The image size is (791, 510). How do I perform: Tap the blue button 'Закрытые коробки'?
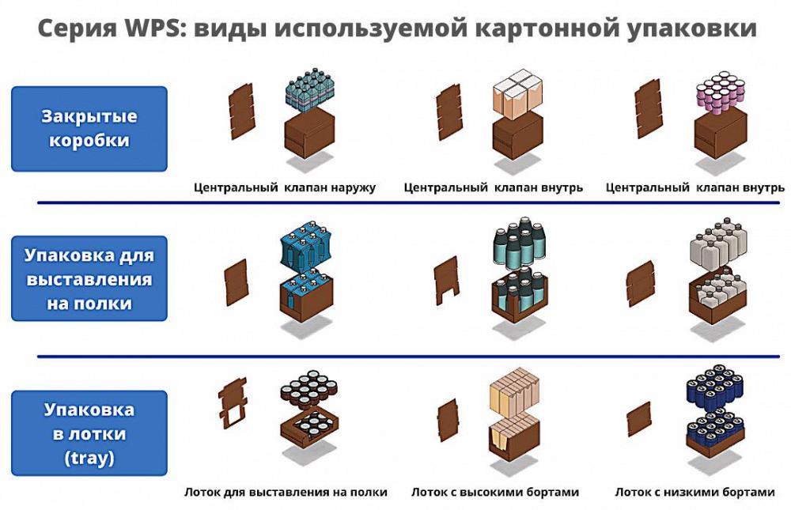[x=89, y=129]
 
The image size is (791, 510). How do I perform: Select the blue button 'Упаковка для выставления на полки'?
[x=89, y=279]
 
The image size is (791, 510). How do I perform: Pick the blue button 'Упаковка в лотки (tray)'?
[x=89, y=433]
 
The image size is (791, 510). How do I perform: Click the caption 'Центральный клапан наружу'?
[x=286, y=188]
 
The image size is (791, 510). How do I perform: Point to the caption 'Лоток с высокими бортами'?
[x=495, y=492]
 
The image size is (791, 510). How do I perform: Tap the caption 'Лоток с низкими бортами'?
[x=695, y=492]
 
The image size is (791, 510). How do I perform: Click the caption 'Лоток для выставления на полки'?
[x=286, y=492]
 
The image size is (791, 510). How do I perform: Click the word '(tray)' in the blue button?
[x=89, y=457]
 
